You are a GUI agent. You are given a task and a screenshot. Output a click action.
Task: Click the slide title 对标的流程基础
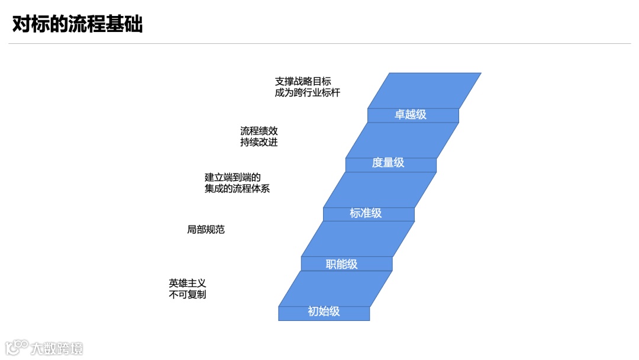(78, 25)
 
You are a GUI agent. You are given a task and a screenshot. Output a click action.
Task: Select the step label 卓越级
(411, 115)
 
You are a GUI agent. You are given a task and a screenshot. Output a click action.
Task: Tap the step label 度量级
(388, 163)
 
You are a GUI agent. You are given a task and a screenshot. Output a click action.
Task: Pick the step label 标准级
(366, 213)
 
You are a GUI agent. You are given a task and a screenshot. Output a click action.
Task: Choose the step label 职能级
(342, 264)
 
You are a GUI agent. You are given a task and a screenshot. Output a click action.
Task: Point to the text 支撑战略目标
(303, 81)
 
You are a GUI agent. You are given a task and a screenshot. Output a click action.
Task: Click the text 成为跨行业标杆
(308, 93)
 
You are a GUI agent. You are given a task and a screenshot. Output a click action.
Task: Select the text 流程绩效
(259, 131)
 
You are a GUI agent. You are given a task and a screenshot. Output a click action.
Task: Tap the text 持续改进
(259, 143)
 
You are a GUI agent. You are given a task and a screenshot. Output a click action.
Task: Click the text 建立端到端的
(233, 177)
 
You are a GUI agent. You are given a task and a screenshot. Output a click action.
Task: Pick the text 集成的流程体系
(237, 189)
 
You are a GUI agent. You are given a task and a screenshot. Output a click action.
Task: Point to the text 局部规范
(206, 230)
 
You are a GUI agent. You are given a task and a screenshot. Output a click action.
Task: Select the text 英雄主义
(188, 283)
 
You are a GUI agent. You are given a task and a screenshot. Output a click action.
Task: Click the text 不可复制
(188, 295)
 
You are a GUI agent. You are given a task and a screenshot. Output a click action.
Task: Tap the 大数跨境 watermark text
(57, 348)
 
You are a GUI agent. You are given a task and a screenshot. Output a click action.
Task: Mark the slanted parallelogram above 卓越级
(424, 91)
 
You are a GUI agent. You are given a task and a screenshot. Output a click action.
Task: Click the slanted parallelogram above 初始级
(335, 288)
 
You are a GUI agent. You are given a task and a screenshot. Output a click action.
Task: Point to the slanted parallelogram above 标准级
(379, 189)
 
